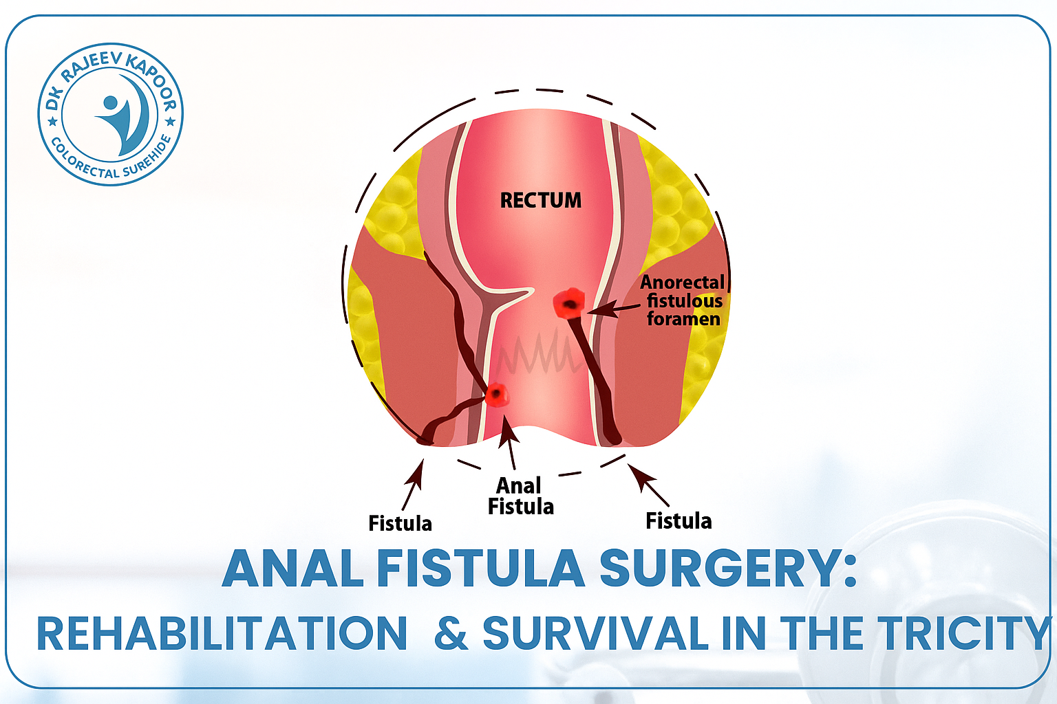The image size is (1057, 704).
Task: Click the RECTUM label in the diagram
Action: click(541, 200)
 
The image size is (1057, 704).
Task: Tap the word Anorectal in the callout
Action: click(682, 282)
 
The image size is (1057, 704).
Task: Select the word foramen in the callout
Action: click(684, 319)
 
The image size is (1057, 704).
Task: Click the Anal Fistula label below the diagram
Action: click(520, 496)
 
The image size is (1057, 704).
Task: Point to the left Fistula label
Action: click(400, 523)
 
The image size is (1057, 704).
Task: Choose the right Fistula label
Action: click(679, 521)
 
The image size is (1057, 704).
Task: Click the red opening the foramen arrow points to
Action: click(569, 303)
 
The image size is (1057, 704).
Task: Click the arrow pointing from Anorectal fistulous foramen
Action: click(613, 309)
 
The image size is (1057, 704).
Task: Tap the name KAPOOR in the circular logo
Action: click(154, 83)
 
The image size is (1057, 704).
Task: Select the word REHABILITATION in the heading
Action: click(222, 633)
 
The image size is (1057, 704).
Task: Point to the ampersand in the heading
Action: click(451, 633)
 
